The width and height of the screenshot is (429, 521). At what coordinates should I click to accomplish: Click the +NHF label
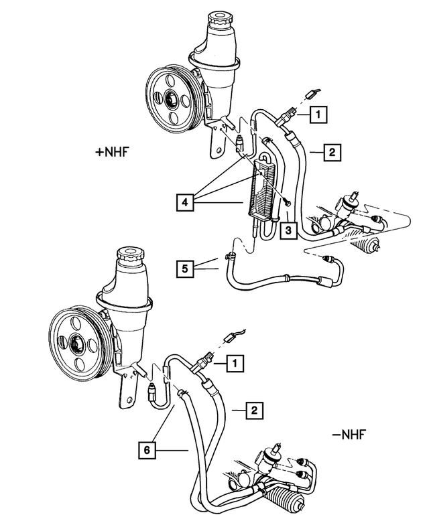click(x=111, y=152)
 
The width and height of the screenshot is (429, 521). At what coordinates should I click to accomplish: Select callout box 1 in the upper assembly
click(x=318, y=115)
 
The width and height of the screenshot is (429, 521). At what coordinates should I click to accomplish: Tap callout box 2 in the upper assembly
click(x=332, y=153)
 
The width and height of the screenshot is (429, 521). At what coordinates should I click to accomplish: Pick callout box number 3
click(x=286, y=231)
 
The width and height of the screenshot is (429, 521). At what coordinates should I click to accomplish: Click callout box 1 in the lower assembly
click(x=235, y=363)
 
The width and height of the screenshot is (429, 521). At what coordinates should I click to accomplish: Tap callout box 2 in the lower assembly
click(x=253, y=408)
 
